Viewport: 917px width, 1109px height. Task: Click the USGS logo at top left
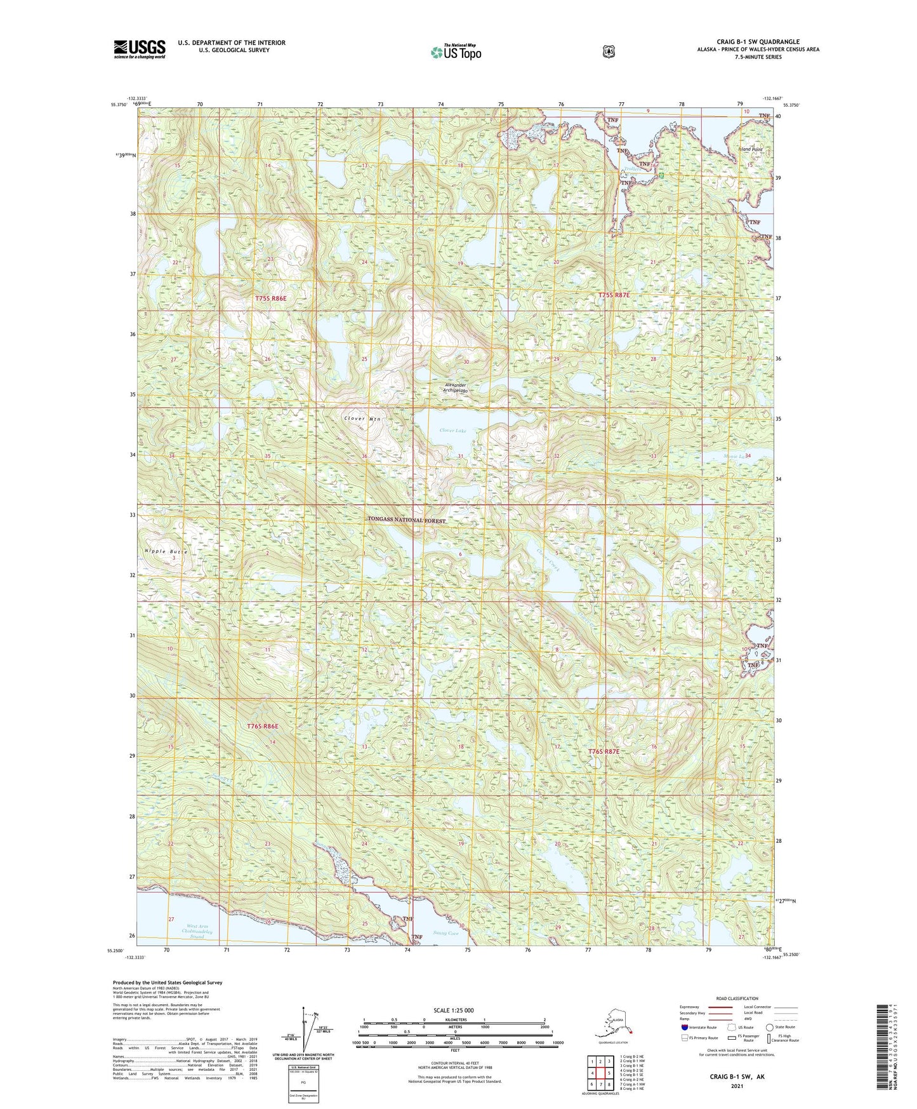click(140, 49)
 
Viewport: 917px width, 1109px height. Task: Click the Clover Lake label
click(453, 431)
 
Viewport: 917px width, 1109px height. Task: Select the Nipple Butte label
click(166, 551)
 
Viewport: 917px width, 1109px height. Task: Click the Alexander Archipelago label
click(456, 388)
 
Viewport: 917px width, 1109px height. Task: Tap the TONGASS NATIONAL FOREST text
click(407, 520)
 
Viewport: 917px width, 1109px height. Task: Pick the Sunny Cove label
click(445, 934)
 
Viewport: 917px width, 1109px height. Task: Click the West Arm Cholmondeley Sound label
click(197, 932)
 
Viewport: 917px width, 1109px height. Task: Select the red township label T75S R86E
click(271, 297)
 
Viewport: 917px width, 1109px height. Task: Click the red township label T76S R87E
click(603, 751)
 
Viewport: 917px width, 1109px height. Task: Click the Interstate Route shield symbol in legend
click(683, 1027)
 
